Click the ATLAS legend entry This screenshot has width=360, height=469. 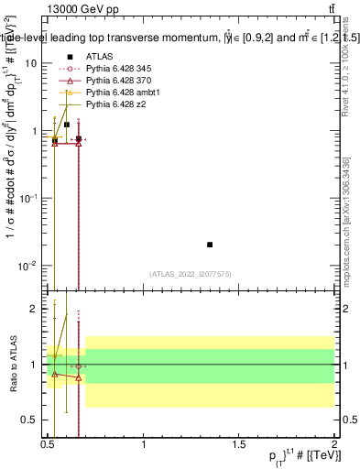click(99, 56)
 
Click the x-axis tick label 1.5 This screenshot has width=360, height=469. click(239, 443)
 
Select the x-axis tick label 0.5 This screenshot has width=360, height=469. click(49, 443)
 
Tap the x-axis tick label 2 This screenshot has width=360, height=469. click(333, 443)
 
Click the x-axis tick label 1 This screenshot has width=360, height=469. click(144, 443)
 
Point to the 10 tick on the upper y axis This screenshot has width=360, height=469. click(31, 63)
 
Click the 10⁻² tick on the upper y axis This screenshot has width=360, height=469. click(29, 266)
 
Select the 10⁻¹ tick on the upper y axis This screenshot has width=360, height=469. click(29, 198)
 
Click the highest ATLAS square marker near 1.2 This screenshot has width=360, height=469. click(67, 124)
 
